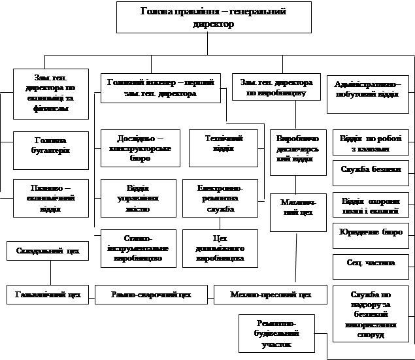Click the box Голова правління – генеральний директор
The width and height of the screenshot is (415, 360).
[x=207, y=18]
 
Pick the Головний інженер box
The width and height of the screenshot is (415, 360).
[x=159, y=89]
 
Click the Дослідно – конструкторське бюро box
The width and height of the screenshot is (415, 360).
[x=139, y=148]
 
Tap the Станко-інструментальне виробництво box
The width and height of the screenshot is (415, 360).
[x=139, y=248]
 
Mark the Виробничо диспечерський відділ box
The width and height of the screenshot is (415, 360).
[x=298, y=152]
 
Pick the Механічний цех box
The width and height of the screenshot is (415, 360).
[x=298, y=212]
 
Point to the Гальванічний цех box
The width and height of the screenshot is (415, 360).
[x=47, y=295]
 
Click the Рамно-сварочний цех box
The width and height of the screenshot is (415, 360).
[x=152, y=295]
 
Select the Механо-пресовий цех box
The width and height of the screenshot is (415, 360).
[x=271, y=295]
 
